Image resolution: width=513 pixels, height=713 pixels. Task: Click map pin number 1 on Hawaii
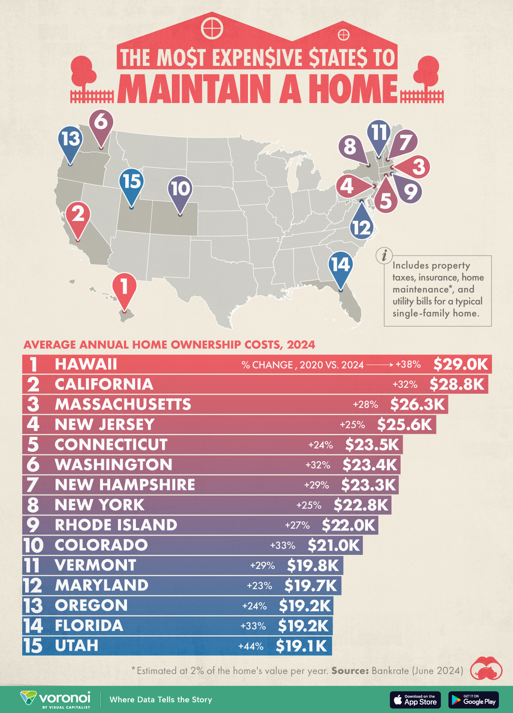pos(124,287)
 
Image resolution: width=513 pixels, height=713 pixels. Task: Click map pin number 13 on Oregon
pos(71,139)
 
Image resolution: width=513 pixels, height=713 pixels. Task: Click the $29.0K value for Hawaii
pos(460,364)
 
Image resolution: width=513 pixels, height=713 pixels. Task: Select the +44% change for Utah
pos(251,646)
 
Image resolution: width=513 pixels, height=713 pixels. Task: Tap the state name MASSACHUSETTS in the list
pos(123,404)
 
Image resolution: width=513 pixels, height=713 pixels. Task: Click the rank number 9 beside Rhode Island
pos(33,525)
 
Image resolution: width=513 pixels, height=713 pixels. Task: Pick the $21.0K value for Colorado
pos(334,545)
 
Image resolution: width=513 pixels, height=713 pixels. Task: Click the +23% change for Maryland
pos(259,586)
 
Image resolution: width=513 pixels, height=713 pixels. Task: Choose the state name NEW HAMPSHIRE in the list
pos(125,485)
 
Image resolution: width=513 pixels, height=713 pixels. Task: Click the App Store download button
pos(415,700)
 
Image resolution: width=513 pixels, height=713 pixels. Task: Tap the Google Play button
pos(474,700)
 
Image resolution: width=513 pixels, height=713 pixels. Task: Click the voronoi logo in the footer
pos(56,699)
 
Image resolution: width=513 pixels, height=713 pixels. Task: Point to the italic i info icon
pos(384,256)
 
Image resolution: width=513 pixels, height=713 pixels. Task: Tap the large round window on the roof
pos(212,28)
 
